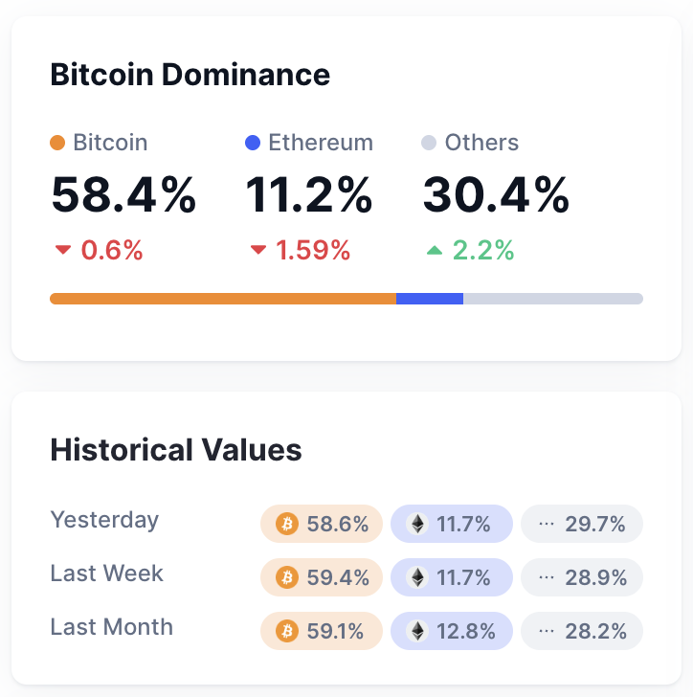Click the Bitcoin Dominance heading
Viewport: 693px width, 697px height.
pyautogui.click(x=190, y=75)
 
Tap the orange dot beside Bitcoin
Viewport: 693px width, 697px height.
pyautogui.click(x=57, y=144)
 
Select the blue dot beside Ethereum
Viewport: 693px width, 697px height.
pyautogui.click(x=253, y=144)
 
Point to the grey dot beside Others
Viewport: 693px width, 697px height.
pyautogui.click(x=429, y=144)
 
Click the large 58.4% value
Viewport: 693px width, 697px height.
pyautogui.click(x=123, y=196)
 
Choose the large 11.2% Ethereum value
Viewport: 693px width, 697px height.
pyautogui.click(x=309, y=196)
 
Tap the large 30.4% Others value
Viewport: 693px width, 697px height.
pyautogui.click(x=496, y=196)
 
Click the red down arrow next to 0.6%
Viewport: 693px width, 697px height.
pyautogui.click(x=63, y=251)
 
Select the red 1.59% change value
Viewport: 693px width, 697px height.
pyautogui.click(x=313, y=251)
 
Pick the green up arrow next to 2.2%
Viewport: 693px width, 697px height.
pyautogui.click(x=435, y=251)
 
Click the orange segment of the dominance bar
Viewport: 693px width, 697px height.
pyautogui.click(x=222, y=299)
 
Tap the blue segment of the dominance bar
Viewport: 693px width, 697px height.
pyautogui.click(x=430, y=299)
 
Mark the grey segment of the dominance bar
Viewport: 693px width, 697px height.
pyautogui.click(x=553, y=299)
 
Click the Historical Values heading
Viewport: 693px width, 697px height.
pyautogui.click(x=176, y=450)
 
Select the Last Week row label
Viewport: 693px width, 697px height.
pyautogui.click(x=107, y=573)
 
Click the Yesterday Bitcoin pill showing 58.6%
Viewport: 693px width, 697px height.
pyautogui.click(x=322, y=524)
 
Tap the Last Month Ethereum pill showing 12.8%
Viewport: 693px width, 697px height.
pyautogui.click(x=452, y=631)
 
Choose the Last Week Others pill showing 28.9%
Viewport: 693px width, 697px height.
pyautogui.click(x=582, y=577)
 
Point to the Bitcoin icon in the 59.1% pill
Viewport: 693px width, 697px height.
pyautogui.click(x=286, y=631)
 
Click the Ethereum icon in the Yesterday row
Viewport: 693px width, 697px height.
pyautogui.click(x=416, y=524)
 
